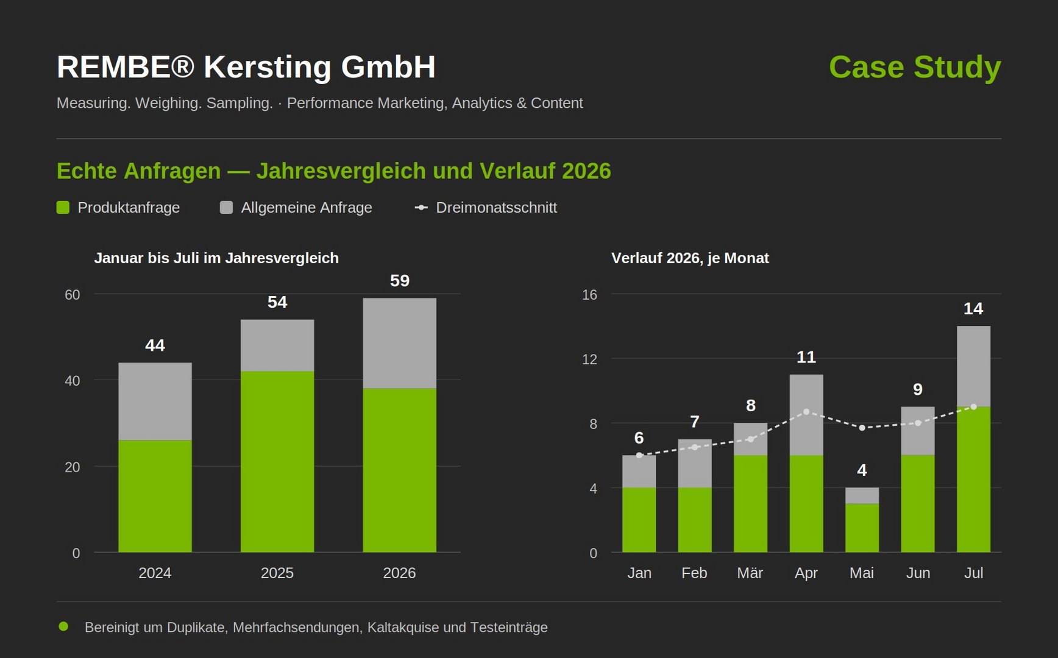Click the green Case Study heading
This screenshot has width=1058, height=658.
[915, 67]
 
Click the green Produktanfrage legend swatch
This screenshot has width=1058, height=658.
[63, 208]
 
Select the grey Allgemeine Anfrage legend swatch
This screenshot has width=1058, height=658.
[226, 208]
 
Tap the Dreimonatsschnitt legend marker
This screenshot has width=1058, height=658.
[421, 208]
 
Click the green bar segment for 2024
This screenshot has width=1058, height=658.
[155, 496]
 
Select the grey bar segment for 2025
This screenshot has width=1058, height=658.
[277, 345]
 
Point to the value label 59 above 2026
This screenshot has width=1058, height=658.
[400, 280]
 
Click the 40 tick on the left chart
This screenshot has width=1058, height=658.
[72, 381]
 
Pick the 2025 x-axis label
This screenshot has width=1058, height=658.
[277, 573]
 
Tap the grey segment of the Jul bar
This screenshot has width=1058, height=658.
[973, 366]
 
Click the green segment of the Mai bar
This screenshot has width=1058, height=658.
[862, 528]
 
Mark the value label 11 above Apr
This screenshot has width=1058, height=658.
[806, 357]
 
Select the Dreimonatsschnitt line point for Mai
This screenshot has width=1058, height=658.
[862, 428]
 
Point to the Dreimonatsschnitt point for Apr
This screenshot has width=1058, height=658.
[806, 412]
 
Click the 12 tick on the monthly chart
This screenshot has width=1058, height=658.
[590, 359]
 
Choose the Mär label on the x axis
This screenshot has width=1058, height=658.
[750, 573]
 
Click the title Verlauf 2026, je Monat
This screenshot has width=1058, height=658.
[690, 258]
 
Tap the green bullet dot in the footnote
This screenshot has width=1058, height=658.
[63, 626]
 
